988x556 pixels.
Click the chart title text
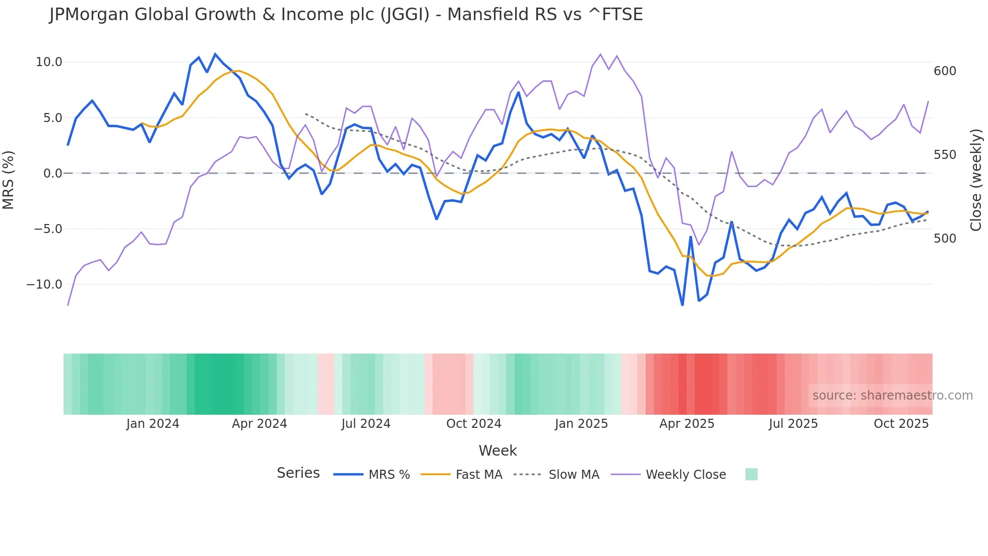[346, 15]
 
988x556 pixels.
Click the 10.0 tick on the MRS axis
[48, 62]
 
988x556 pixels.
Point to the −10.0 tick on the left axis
[44, 285]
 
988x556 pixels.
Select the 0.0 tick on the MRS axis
[52, 174]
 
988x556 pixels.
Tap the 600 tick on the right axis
[945, 71]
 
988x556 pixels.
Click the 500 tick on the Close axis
[945, 238]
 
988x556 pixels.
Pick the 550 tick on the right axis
[945, 155]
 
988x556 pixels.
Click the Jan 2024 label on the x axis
[153, 424]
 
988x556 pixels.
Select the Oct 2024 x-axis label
[473, 424]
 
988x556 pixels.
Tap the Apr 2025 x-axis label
[687, 424]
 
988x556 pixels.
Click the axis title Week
[498, 451]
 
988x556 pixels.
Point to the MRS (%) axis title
[9, 180]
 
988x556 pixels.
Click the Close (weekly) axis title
[976, 180]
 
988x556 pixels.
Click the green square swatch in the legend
[751, 474]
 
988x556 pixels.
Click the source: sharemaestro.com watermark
[892, 396]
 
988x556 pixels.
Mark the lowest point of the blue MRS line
[683, 305]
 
